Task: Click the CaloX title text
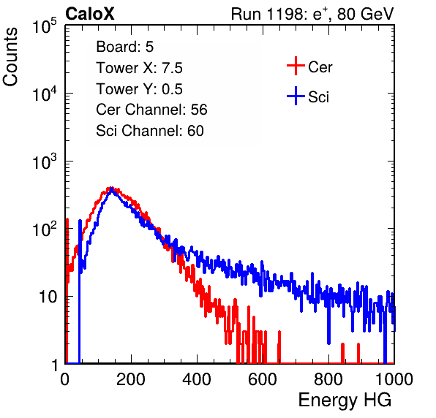(89, 14)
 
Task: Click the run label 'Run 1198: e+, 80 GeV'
(312, 14)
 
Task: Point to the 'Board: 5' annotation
(125, 47)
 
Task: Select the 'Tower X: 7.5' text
(139, 68)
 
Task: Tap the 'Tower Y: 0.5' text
(139, 89)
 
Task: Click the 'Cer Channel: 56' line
(151, 110)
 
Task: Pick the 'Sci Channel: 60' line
(149, 131)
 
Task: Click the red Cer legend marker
(296, 66)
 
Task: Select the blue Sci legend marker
(296, 96)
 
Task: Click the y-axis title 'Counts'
(10, 57)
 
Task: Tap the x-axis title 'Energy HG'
(345, 400)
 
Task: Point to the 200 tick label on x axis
(131, 379)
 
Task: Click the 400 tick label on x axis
(197, 379)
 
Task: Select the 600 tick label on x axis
(263, 379)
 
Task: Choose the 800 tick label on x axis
(328, 379)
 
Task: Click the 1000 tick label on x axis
(394, 379)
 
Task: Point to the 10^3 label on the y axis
(45, 161)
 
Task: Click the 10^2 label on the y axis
(45, 229)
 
